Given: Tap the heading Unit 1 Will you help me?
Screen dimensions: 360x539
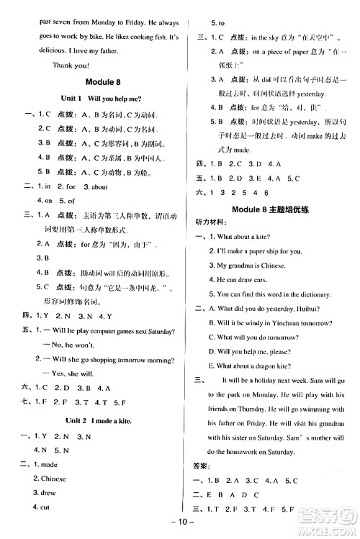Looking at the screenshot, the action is (x=99, y=98).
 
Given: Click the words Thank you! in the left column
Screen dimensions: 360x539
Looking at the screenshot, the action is (x=71, y=65).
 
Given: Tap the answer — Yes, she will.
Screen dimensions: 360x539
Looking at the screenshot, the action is (x=74, y=373).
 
